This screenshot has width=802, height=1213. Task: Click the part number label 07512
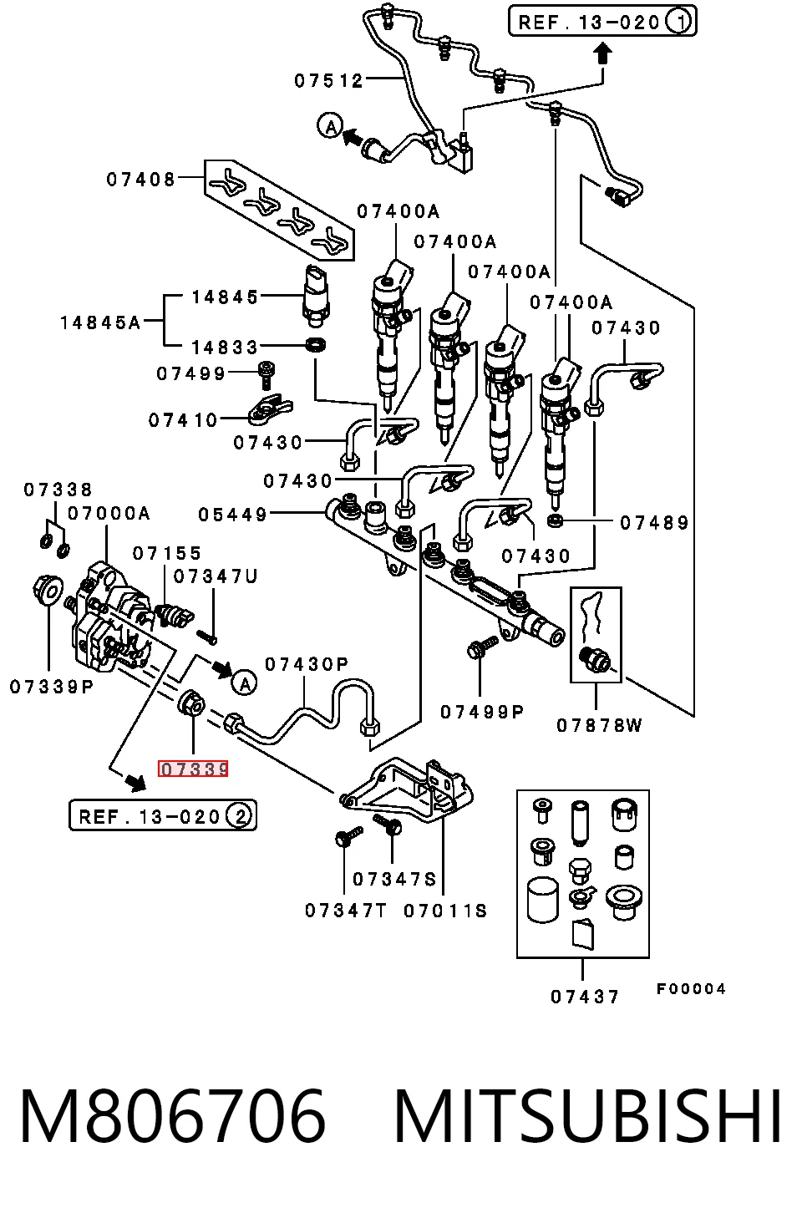click(x=328, y=81)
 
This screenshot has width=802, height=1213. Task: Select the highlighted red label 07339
click(x=193, y=769)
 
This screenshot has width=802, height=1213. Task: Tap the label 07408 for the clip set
click(x=141, y=179)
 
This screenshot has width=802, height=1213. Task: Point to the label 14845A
click(x=100, y=322)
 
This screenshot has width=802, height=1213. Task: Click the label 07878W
click(x=599, y=725)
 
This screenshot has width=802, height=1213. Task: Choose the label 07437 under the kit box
click(x=585, y=997)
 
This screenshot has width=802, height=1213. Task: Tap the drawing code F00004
click(x=690, y=989)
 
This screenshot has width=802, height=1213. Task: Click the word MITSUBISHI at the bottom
click(x=588, y=1117)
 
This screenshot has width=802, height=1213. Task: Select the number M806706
click(x=173, y=1117)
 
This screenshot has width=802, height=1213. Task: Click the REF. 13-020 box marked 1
click(x=602, y=22)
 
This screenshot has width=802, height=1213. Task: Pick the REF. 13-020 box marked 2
click(x=163, y=816)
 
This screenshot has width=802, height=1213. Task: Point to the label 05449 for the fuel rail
click(x=233, y=514)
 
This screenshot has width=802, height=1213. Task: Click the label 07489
click(x=654, y=523)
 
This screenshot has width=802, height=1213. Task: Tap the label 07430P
click(x=307, y=664)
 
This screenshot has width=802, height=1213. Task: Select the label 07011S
click(x=445, y=911)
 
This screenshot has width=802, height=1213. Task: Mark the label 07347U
click(x=216, y=576)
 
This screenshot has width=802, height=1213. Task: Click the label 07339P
click(x=52, y=687)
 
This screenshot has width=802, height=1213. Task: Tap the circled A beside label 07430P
click(x=244, y=683)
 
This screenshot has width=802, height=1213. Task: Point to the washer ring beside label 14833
click(x=317, y=344)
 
